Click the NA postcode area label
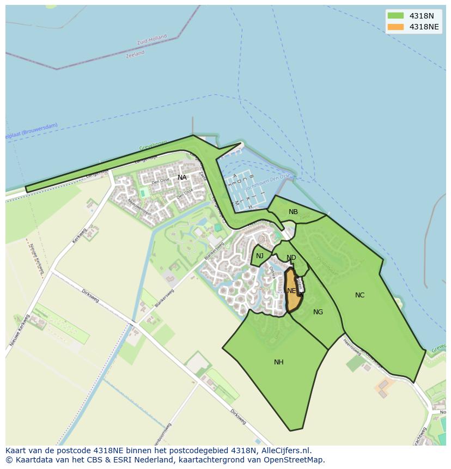click(182, 178)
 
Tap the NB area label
click(293, 212)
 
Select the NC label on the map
click(359, 295)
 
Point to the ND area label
click(291, 258)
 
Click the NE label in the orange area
click(291, 291)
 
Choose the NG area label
click(318, 312)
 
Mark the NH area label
click(278, 362)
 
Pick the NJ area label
click(260, 256)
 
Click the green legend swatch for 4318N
click(395, 16)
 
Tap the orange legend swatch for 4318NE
click(395, 27)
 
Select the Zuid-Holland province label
click(152, 40)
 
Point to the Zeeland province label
click(135, 54)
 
